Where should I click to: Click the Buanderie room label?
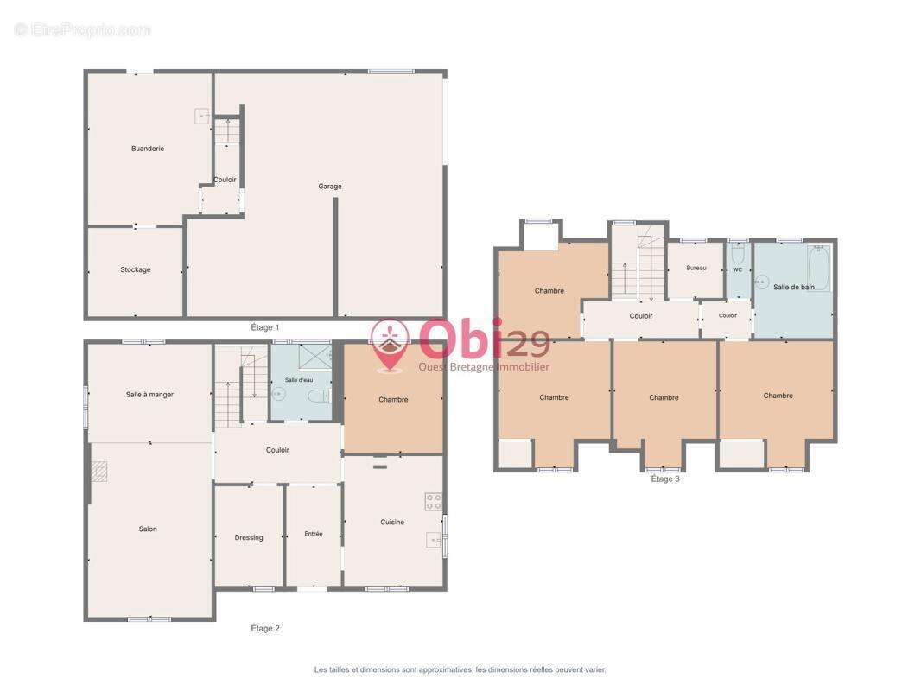click(148, 149)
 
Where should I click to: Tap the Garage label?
click(329, 186)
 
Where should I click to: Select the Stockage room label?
click(135, 269)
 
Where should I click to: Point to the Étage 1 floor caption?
click(265, 327)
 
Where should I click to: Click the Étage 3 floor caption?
click(665, 479)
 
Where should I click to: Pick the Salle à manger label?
click(149, 395)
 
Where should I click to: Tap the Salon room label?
click(148, 529)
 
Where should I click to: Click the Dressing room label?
click(249, 537)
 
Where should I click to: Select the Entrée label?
click(314, 534)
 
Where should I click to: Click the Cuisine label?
click(391, 522)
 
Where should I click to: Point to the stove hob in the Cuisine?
click(434, 501)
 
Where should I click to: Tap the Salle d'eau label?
click(299, 380)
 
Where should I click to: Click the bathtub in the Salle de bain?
click(819, 269)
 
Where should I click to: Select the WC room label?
click(737, 270)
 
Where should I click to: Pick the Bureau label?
click(696, 268)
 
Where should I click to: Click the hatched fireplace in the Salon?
click(99, 472)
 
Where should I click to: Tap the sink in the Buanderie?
click(201, 117)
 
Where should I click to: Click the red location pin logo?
click(390, 345)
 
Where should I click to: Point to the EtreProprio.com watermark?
click(82, 29)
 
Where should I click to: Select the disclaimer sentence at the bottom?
click(460, 669)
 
